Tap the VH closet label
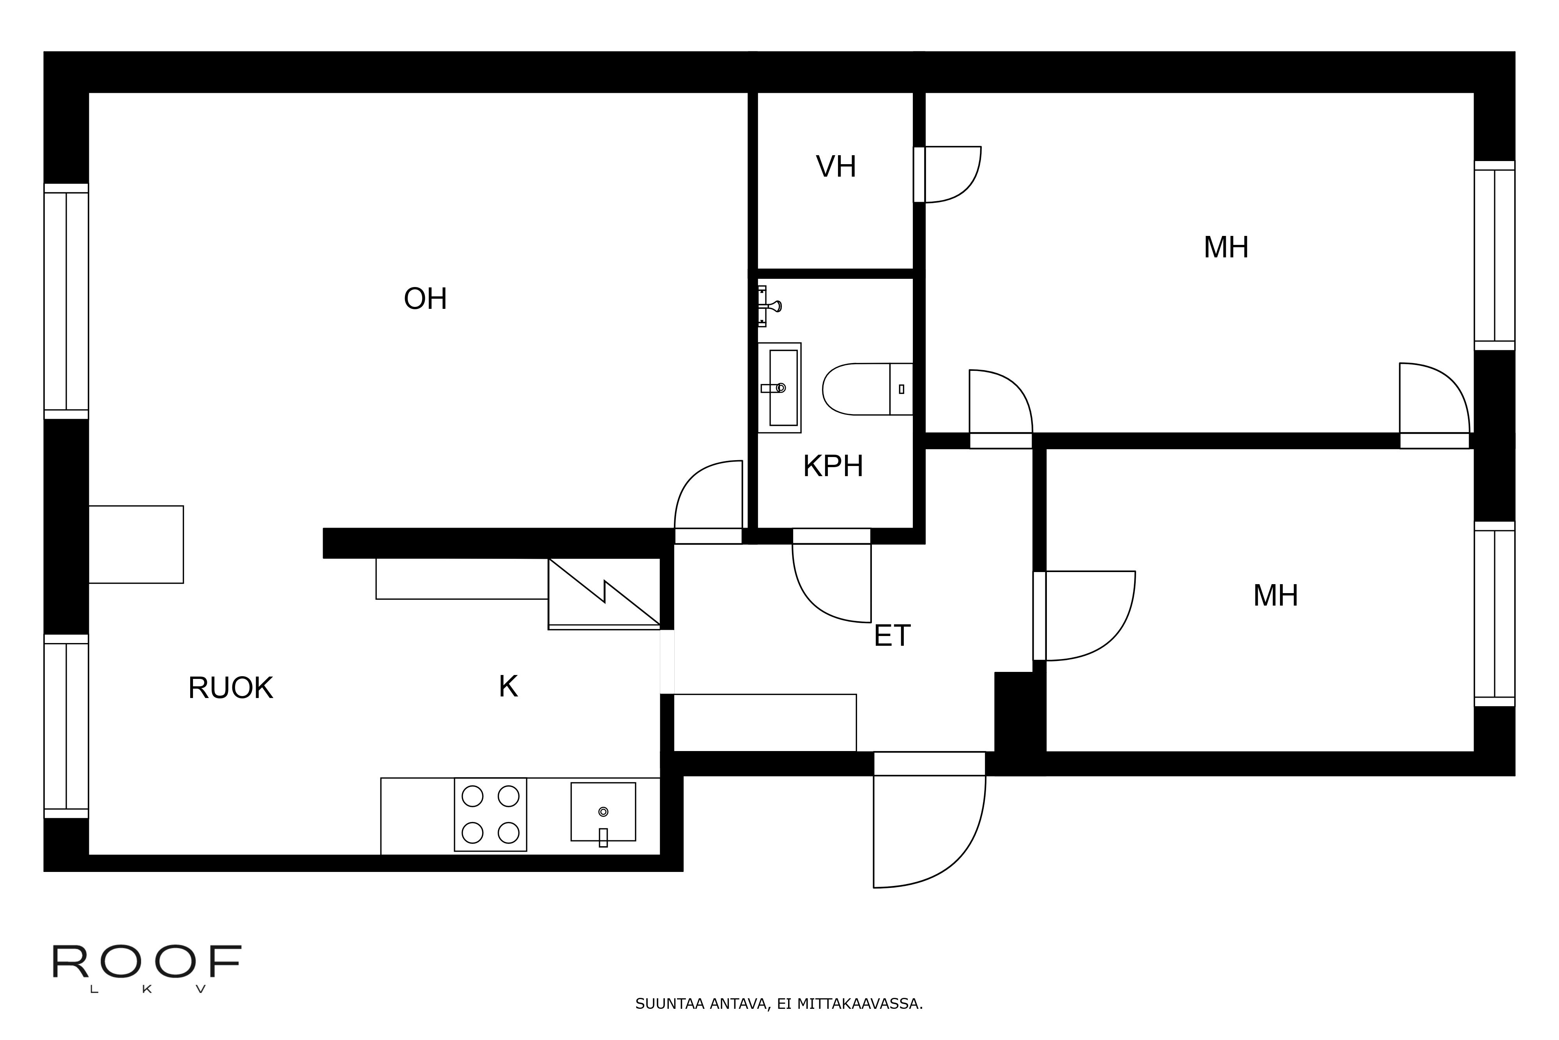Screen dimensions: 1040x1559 pos(836,167)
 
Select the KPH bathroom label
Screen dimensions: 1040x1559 pos(833,466)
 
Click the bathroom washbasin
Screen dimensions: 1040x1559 pos(779,388)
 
